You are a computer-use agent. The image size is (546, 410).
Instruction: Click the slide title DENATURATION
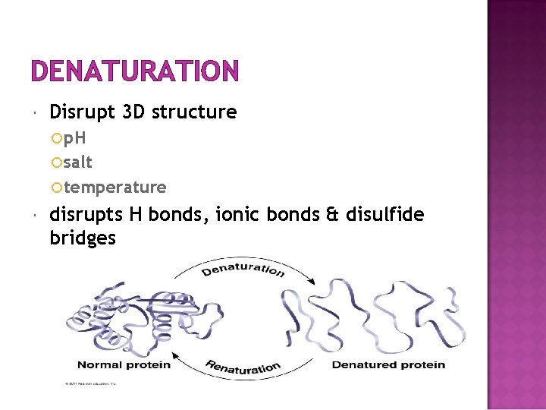[135, 71]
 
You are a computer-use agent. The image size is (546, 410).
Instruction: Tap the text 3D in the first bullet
[130, 112]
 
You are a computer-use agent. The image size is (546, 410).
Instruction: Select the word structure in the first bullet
[194, 112]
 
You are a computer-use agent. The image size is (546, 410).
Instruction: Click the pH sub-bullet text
[74, 138]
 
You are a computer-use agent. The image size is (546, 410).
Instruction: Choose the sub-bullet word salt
[78, 162]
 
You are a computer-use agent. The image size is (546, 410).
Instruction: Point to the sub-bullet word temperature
[115, 187]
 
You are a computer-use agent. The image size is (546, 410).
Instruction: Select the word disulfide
[384, 215]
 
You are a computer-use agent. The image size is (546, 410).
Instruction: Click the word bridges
[83, 238]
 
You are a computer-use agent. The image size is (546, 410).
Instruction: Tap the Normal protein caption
[124, 364]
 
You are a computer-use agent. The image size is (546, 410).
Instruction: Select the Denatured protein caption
[388, 364]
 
